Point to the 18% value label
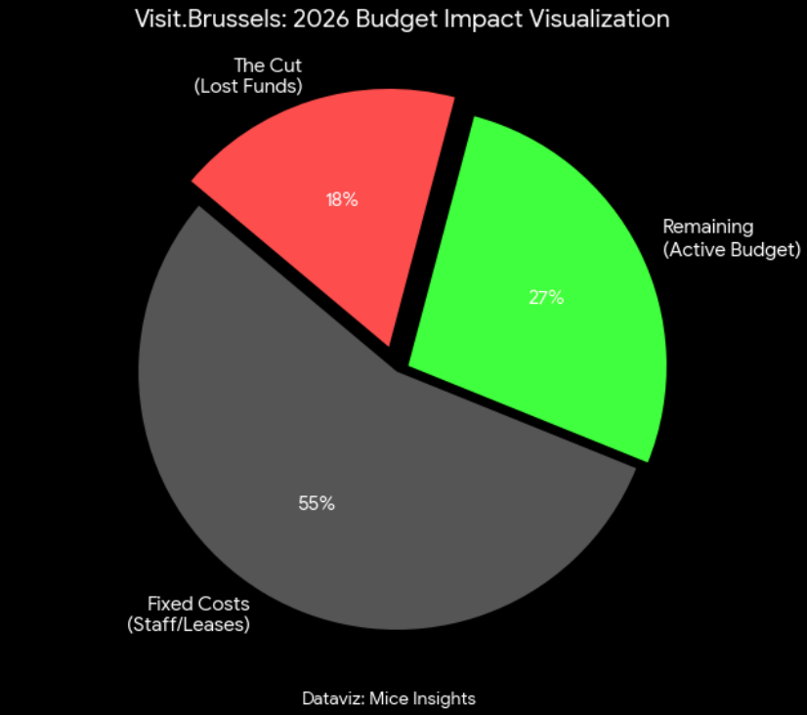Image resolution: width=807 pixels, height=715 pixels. pyautogui.click(x=342, y=200)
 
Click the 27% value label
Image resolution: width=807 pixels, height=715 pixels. pyautogui.click(x=546, y=298)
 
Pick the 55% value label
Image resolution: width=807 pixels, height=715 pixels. pyautogui.click(x=317, y=504)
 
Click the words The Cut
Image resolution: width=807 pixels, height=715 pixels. pyautogui.click(x=268, y=66)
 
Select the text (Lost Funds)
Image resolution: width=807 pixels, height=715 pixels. pyautogui.click(x=249, y=86)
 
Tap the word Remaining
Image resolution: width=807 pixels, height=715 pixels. pyautogui.click(x=708, y=227)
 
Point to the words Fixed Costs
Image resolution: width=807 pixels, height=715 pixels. pyautogui.click(x=198, y=604)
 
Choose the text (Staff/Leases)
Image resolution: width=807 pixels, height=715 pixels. pyautogui.click(x=189, y=624)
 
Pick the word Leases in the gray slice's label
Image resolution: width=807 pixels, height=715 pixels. pyautogui.click(x=217, y=624)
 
